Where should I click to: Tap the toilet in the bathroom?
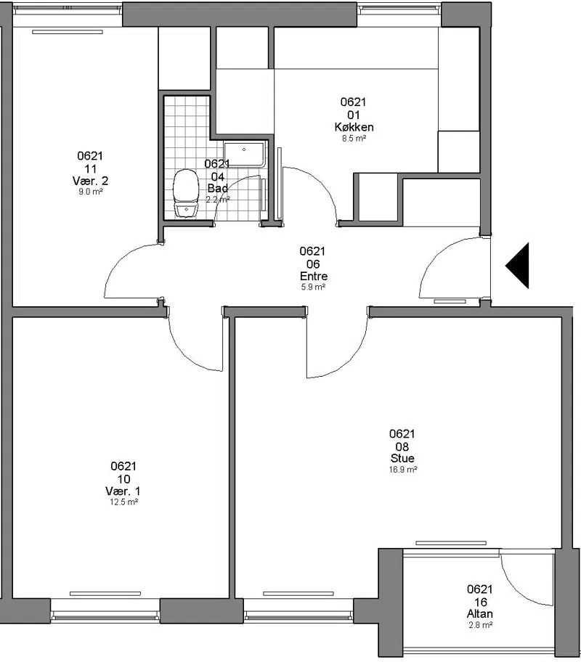[186, 193]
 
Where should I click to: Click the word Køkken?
[354, 126]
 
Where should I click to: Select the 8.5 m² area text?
[354, 139]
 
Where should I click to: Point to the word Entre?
[314, 276]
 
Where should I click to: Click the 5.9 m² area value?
[313, 287]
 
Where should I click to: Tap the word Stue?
[402, 458]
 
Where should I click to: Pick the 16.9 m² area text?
[403, 470]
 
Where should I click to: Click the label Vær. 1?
[123, 491]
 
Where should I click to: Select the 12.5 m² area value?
[123, 502]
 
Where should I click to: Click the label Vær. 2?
[91, 181]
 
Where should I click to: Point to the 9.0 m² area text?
[92, 192]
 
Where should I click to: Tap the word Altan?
[479, 613]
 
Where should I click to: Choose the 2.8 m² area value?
[481, 625]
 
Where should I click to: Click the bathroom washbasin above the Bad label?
[244, 155]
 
